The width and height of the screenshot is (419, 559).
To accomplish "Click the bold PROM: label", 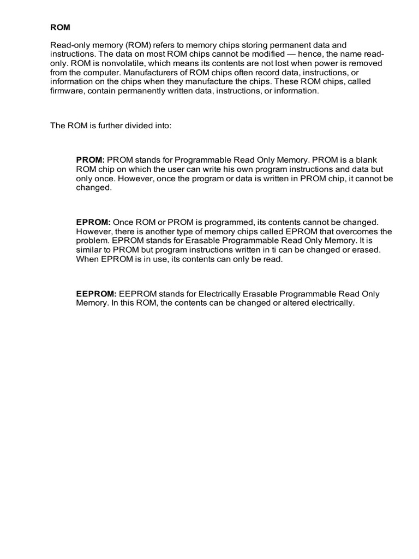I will click(90, 159).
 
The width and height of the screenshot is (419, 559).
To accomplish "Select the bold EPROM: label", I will click(93, 222).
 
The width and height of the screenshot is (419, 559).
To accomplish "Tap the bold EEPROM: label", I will click(96, 294).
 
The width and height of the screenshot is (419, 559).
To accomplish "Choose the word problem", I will click(91, 241).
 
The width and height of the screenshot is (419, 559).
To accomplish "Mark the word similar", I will click(89, 250).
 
